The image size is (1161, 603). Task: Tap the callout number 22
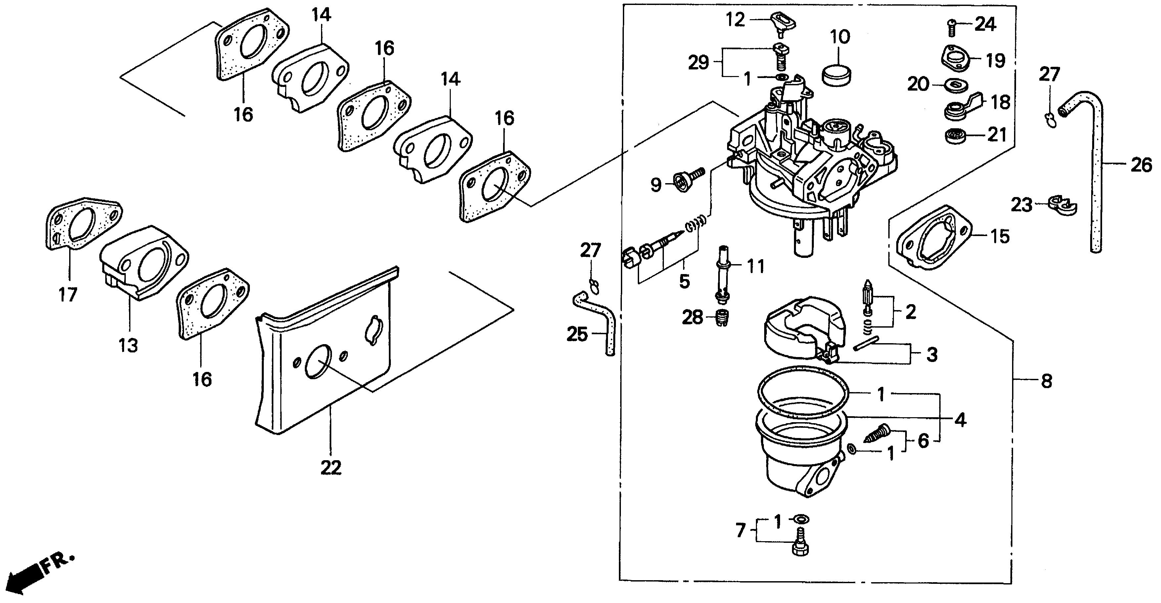[331, 467]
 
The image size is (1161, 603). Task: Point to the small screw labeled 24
[951, 26]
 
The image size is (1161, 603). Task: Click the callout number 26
[1141, 165]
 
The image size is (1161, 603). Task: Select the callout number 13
[128, 346]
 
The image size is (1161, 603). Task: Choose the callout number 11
[756, 266]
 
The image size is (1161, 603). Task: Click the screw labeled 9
[685, 180]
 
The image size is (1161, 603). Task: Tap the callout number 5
[684, 281]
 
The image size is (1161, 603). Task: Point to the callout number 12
[735, 20]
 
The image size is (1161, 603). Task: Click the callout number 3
[932, 354]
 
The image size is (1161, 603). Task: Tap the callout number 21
[997, 135]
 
